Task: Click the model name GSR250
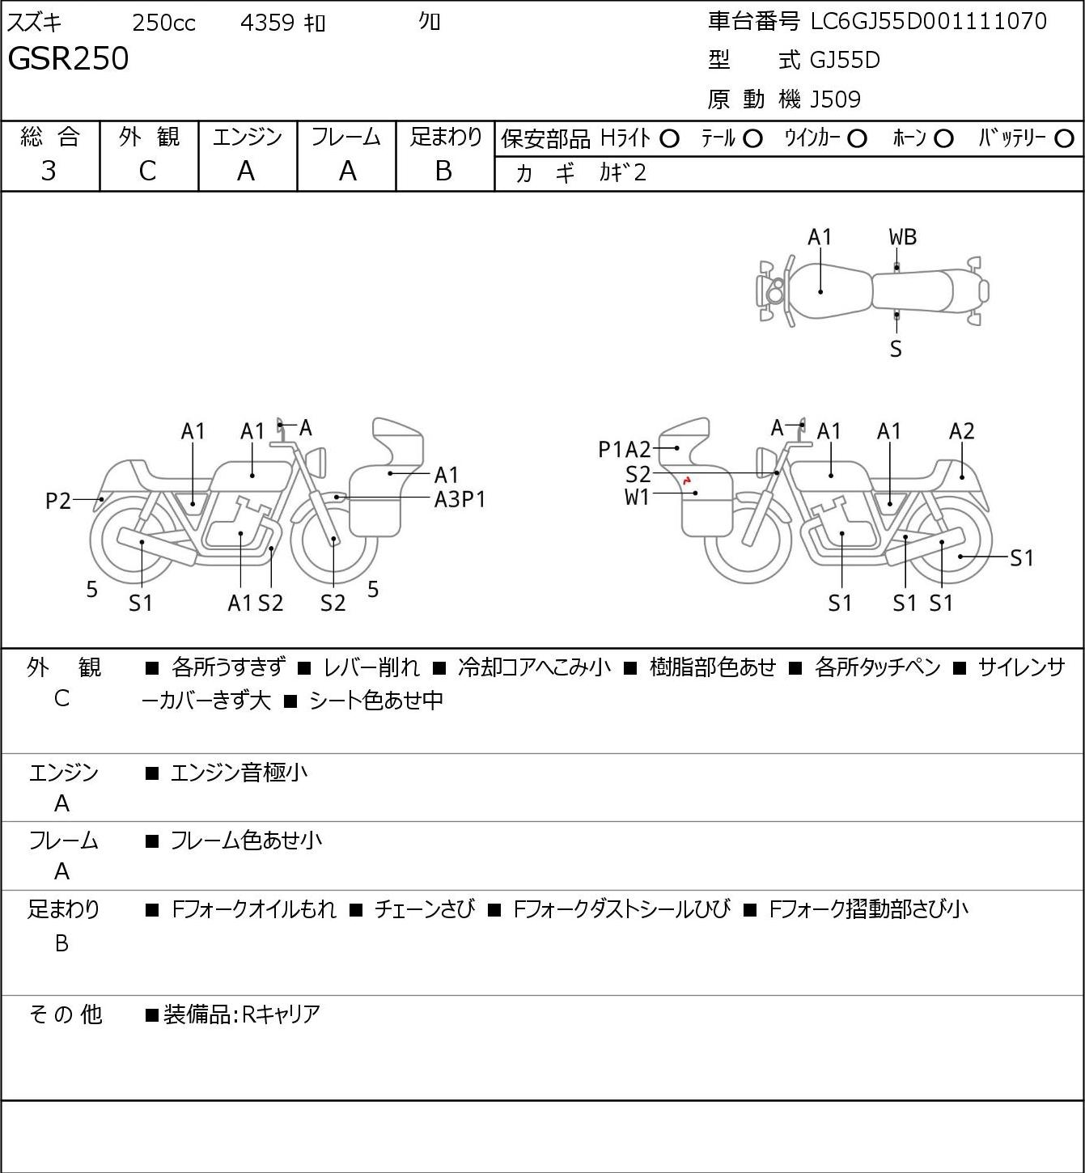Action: tap(68, 58)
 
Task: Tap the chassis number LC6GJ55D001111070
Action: tap(928, 22)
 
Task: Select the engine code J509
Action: tap(835, 100)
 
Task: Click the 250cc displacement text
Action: tap(163, 23)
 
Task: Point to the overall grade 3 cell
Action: tap(49, 171)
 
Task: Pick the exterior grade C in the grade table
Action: tap(147, 172)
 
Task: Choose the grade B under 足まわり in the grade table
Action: tap(443, 171)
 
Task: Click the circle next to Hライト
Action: tap(669, 139)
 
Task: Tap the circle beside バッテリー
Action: tap(1064, 139)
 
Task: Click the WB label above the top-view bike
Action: tap(902, 237)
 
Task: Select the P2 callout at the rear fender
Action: tap(58, 501)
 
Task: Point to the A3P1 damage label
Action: tap(460, 500)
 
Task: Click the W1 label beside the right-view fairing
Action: tap(637, 498)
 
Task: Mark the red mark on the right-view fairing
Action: tap(686, 481)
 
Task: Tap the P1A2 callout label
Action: tap(624, 450)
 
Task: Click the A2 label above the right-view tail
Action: tap(961, 431)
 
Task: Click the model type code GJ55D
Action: tap(845, 60)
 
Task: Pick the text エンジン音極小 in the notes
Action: tap(239, 773)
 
